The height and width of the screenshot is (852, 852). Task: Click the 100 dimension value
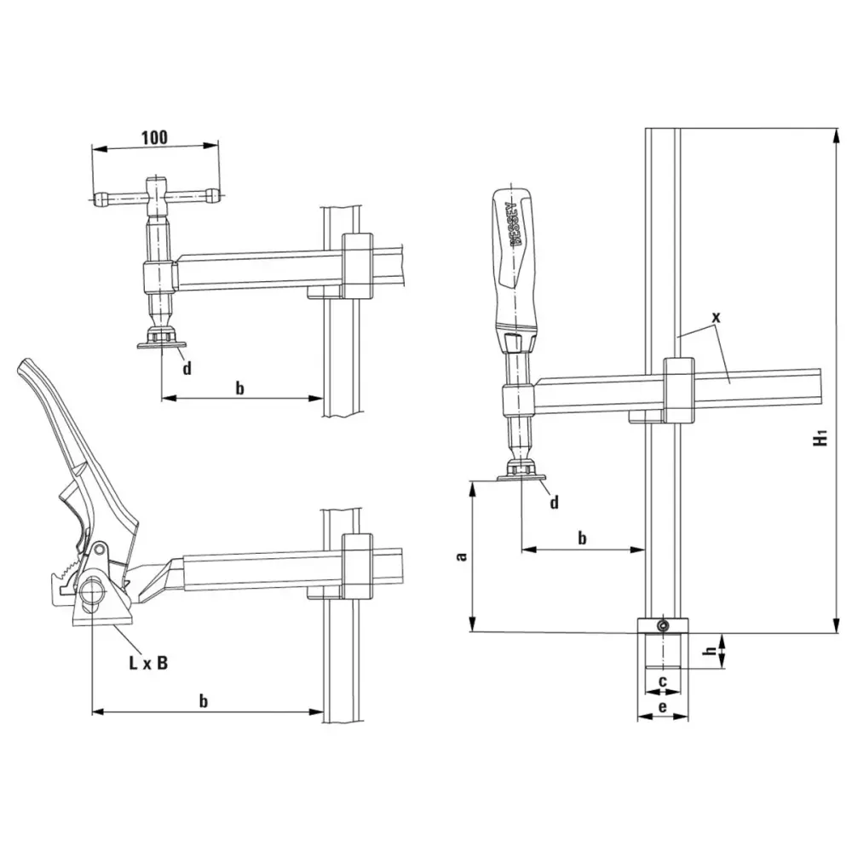pyautogui.click(x=155, y=137)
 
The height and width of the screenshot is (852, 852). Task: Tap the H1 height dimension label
pyautogui.click(x=820, y=437)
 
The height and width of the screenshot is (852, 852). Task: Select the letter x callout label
pyautogui.click(x=717, y=317)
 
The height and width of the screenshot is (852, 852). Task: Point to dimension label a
pyautogui.click(x=462, y=556)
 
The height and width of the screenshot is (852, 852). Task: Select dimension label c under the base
pyautogui.click(x=662, y=682)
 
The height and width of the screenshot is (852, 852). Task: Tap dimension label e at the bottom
pyautogui.click(x=662, y=707)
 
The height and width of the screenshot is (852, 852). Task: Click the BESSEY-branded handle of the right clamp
pyautogui.click(x=515, y=262)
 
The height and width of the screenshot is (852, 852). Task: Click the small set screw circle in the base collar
pyautogui.click(x=662, y=626)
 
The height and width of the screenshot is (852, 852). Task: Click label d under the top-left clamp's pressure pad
pyautogui.click(x=187, y=369)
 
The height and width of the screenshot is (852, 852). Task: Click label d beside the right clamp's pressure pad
pyautogui.click(x=554, y=503)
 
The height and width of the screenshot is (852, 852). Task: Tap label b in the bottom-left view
pyautogui.click(x=204, y=701)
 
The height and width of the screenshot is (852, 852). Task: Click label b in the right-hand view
pyautogui.click(x=582, y=538)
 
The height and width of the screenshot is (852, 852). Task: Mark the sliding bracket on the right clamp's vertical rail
pyautogui.click(x=679, y=391)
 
